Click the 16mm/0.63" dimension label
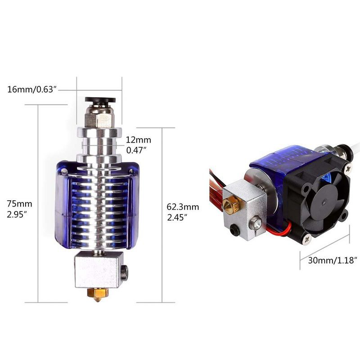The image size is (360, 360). tap(32, 90)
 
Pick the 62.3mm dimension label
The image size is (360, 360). tap(183, 207)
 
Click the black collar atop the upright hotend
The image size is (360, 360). tap(100, 100)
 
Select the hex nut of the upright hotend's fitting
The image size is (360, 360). tap(99, 119)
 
